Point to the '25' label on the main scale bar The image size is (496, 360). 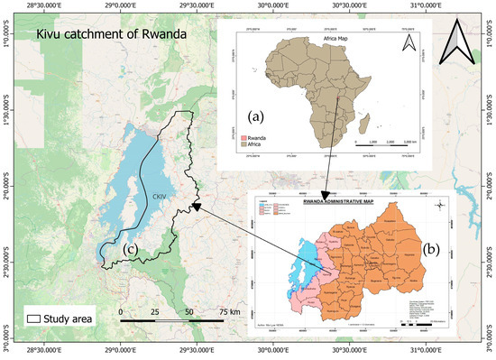[154, 311]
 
